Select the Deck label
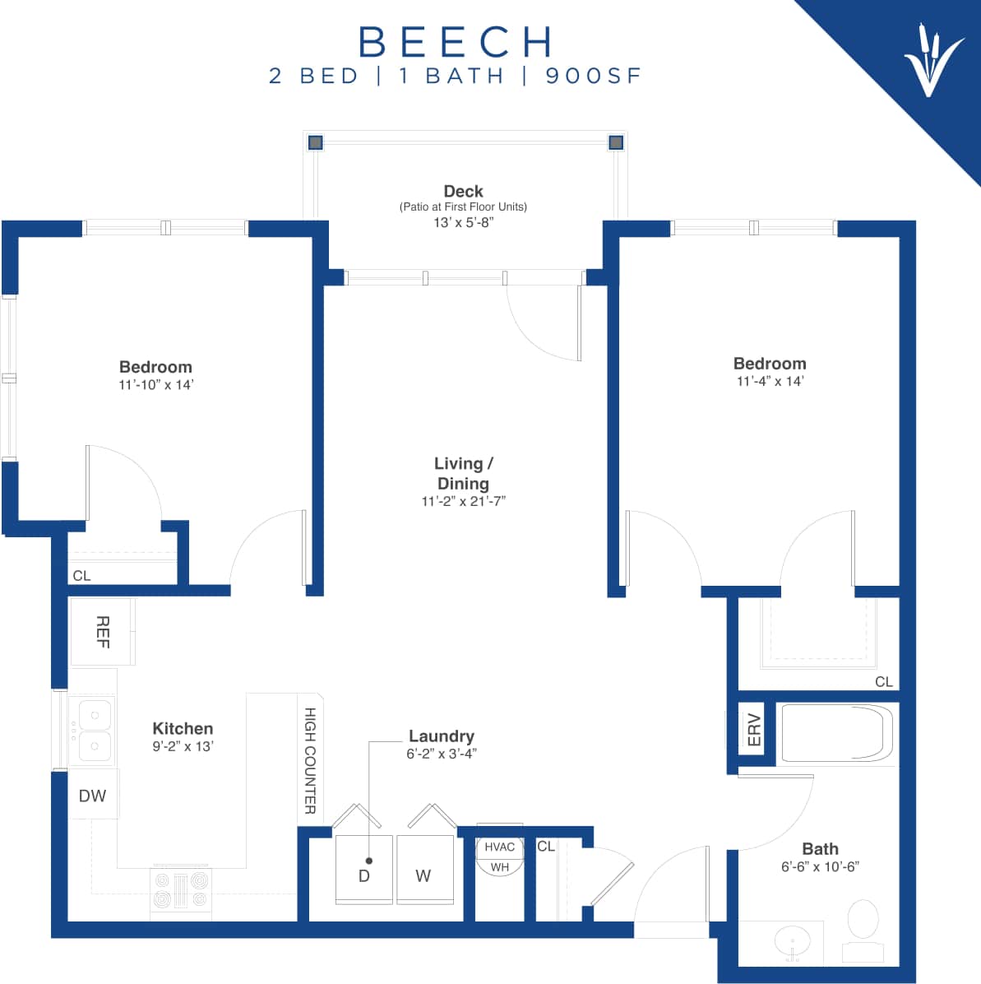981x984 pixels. coord(463,191)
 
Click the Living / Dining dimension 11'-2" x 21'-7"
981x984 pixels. coord(463,501)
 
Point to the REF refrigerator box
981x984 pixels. coord(102,632)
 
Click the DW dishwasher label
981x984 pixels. coord(92,796)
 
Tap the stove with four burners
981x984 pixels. coord(181,889)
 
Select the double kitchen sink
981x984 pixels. coord(92,731)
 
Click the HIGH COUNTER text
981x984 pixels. coord(310,760)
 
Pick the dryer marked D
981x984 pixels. coord(363,870)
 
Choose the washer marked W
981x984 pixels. coord(424,870)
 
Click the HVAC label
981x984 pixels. coord(499,847)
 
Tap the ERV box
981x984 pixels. coord(753,729)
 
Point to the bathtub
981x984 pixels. coord(836,733)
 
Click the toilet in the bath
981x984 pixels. coord(863,928)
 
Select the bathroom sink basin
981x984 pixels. coord(792,941)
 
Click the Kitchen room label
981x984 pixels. coord(183,728)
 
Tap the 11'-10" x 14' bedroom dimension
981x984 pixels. coord(155,385)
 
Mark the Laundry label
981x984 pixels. coord(442,736)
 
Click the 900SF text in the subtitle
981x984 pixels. coord(593,76)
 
